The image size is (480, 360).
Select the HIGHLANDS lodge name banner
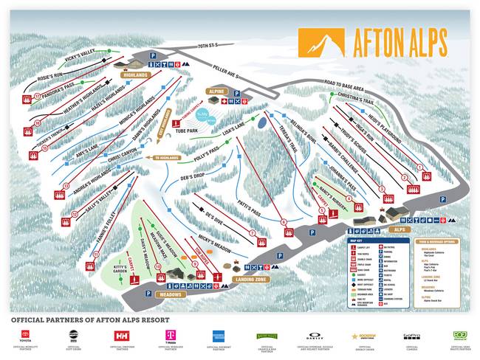click(137, 75)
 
